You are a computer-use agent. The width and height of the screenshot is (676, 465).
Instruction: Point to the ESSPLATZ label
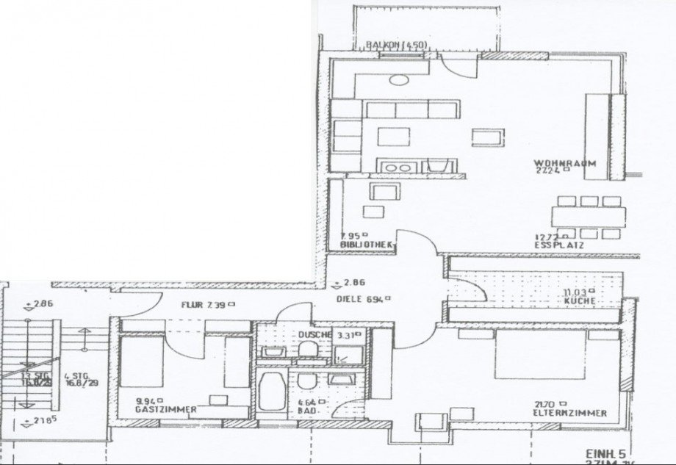click(x=561, y=245)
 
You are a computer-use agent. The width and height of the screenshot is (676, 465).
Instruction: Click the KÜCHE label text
click(x=578, y=301)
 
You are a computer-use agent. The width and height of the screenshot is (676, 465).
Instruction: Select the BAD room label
click(x=307, y=411)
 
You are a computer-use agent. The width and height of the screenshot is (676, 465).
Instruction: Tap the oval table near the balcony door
click(x=402, y=82)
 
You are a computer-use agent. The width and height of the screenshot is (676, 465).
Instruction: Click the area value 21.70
click(x=547, y=404)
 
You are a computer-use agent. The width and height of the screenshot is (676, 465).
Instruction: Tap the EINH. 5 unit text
click(x=602, y=453)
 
